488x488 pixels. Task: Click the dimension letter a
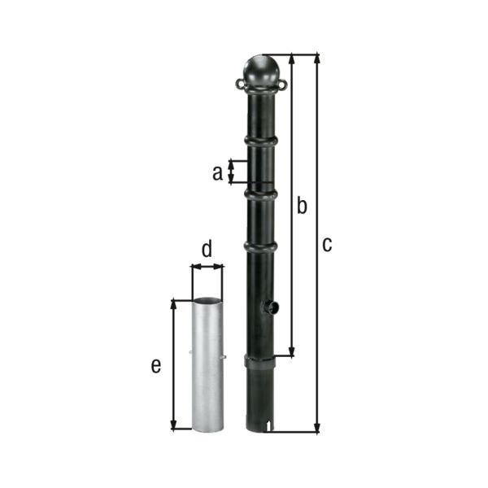216,172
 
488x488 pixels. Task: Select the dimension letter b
301,207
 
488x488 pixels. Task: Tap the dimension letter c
326,244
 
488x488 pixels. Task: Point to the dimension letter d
207,249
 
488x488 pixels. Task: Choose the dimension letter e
156,366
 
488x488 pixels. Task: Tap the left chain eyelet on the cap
240,84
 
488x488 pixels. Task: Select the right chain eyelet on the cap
282,84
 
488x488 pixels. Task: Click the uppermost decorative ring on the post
261,141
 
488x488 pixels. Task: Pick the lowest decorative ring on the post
261,246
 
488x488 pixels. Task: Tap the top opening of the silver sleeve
207,301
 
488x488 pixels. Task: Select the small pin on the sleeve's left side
190,352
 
